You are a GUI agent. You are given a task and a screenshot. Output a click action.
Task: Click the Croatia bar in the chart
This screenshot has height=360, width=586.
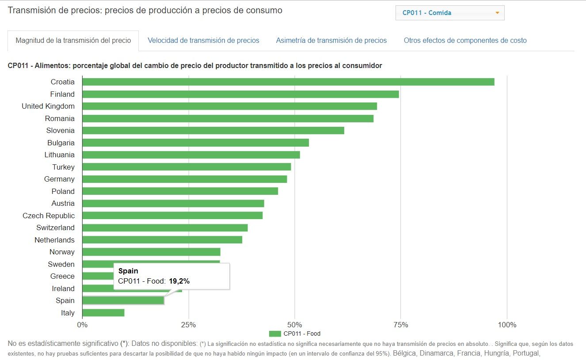(288, 82)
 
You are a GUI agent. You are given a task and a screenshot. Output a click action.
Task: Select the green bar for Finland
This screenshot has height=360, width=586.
(240, 94)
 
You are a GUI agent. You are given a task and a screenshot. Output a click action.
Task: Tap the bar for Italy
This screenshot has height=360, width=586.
(103, 313)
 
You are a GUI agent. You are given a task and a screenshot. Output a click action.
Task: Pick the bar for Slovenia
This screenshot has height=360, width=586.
(213, 130)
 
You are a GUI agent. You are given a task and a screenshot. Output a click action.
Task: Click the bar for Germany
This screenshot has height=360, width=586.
(184, 179)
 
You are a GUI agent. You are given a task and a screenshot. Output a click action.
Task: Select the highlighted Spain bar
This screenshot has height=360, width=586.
(123, 300)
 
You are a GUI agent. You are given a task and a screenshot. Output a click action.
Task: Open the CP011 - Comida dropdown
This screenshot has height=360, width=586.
(449, 13)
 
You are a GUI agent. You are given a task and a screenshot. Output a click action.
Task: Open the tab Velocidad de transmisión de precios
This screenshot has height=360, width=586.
(203, 41)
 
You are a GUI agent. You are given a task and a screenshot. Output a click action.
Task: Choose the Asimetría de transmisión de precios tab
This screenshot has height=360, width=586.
(331, 41)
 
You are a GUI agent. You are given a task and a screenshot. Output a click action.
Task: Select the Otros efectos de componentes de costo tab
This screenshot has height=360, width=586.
(465, 41)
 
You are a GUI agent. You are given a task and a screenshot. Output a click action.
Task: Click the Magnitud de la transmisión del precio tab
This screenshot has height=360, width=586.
(73, 41)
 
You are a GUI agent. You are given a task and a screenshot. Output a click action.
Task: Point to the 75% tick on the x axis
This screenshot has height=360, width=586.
(400, 325)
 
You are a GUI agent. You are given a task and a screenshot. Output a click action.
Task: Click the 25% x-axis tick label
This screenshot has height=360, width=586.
(188, 325)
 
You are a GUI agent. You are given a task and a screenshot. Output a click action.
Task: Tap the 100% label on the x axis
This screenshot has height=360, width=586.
(507, 325)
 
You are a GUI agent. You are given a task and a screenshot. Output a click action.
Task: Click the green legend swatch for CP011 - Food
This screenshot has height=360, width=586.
(275, 333)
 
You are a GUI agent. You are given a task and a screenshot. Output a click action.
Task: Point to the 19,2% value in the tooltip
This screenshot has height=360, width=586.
(179, 281)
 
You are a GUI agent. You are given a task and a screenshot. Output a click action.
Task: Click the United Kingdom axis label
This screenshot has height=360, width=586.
(48, 106)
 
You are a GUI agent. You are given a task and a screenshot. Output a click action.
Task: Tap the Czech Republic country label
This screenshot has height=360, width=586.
(49, 216)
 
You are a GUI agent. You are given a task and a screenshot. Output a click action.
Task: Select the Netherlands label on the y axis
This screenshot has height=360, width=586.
(54, 240)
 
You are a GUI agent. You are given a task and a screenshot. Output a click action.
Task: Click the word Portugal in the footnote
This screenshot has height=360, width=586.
(525, 353)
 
